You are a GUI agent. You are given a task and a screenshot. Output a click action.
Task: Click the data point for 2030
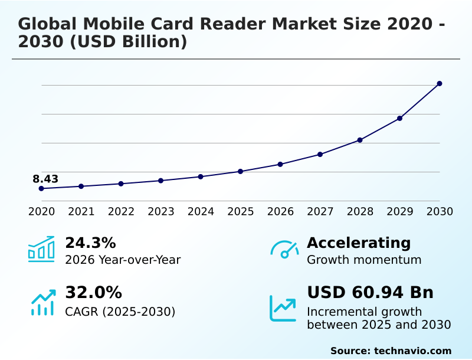(x=440, y=84)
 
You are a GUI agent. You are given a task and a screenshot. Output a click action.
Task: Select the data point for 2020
(x=41, y=188)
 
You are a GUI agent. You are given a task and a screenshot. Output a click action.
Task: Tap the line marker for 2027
(x=320, y=155)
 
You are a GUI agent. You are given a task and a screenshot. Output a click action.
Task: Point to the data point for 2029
(x=399, y=119)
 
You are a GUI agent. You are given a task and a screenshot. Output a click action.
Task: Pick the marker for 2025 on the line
(x=240, y=171)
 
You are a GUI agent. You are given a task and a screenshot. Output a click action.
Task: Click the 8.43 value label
(x=45, y=179)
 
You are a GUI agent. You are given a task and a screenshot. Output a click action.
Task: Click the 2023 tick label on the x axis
(x=160, y=211)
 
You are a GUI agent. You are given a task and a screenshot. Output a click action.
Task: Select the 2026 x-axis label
(x=280, y=211)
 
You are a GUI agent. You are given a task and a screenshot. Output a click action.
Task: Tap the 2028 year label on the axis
(x=360, y=211)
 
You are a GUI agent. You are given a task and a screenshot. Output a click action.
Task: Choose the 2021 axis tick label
(x=81, y=211)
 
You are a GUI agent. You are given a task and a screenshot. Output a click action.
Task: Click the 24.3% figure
(x=90, y=243)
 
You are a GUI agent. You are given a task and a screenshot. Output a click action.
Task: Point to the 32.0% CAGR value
(x=93, y=293)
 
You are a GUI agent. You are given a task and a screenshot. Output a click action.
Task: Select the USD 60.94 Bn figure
(x=370, y=293)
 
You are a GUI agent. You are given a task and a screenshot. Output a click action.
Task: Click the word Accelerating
(x=359, y=243)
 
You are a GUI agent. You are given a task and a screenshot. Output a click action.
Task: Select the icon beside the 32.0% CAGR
(x=42, y=302)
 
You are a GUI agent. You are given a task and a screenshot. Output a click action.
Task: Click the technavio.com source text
(x=412, y=351)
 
